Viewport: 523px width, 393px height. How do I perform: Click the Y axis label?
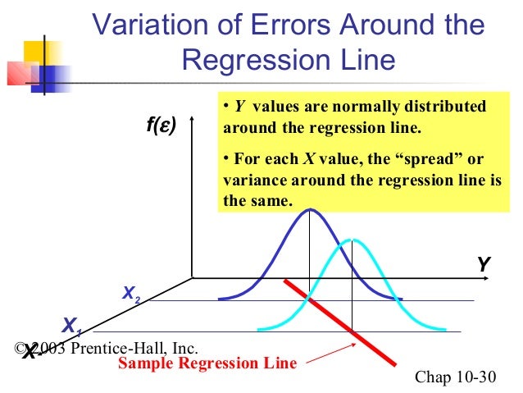click(484, 264)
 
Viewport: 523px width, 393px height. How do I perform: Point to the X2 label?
click(131, 293)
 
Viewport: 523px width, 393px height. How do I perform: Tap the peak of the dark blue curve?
click(309, 209)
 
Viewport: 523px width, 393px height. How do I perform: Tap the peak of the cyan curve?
click(352, 239)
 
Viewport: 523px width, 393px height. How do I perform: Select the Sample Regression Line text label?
click(207, 363)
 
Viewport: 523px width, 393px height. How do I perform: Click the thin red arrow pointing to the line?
click(324, 354)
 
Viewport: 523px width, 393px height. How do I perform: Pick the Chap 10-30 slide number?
click(457, 377)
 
